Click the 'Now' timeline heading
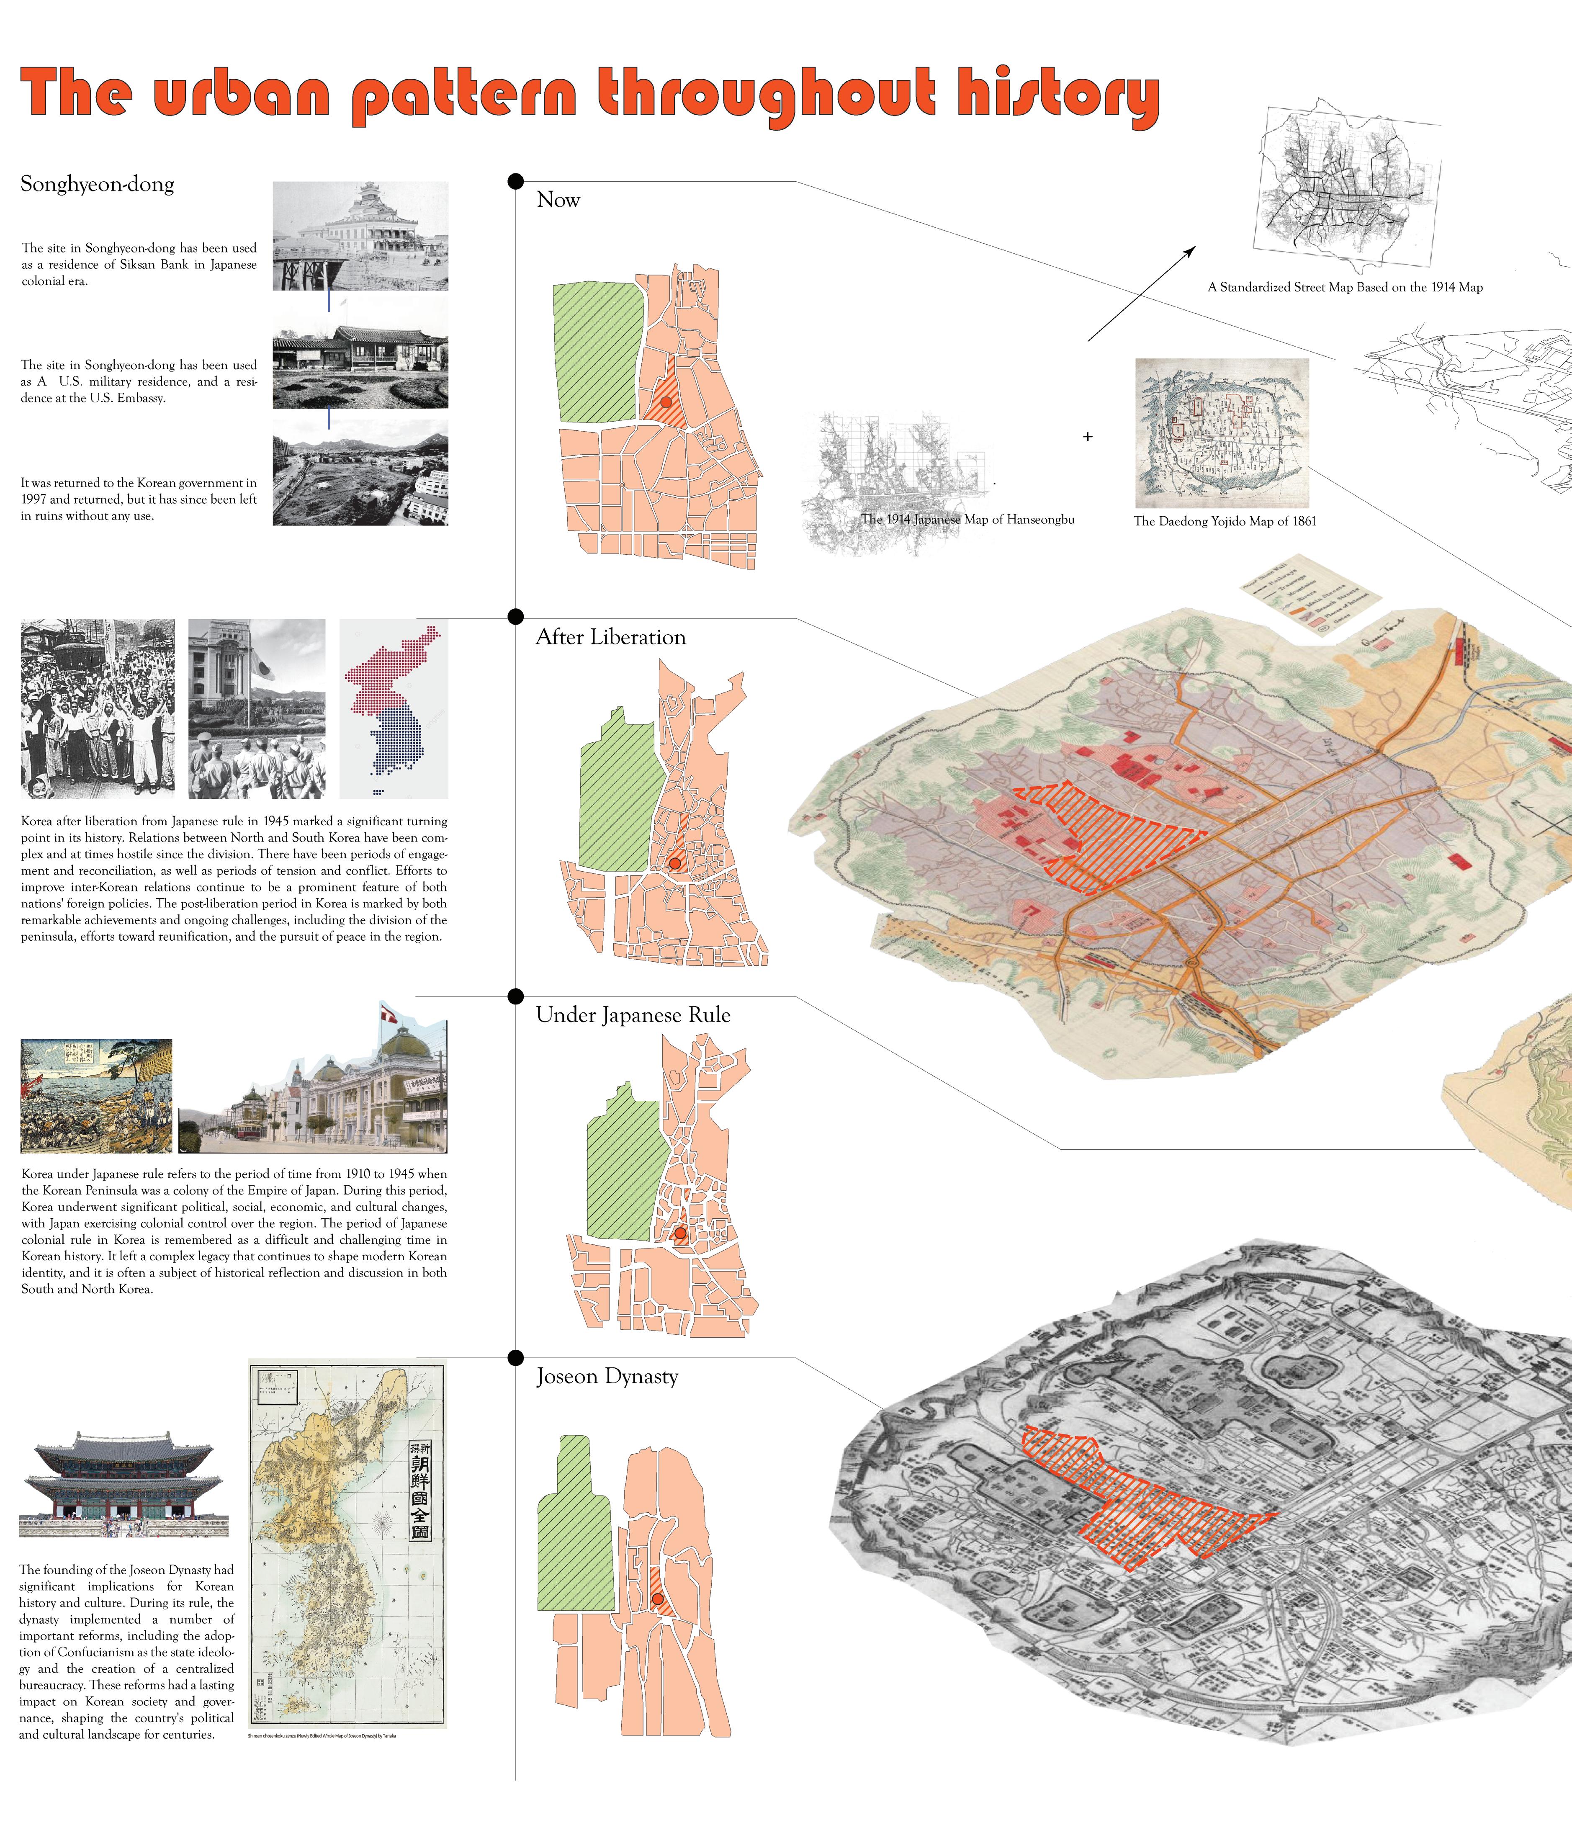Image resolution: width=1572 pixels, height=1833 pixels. click(558, 200)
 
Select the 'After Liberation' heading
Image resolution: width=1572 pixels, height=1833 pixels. click(610, 637)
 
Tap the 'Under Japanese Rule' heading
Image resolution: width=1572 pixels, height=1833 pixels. click(633, 1015)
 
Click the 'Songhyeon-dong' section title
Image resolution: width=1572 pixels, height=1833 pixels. click(97, 184)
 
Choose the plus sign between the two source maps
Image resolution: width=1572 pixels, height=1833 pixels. click(1087, 436)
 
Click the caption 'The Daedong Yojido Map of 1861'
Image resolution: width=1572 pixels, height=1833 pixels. click(1225, 521)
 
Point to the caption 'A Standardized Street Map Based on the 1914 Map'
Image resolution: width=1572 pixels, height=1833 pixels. click(1345, 288)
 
